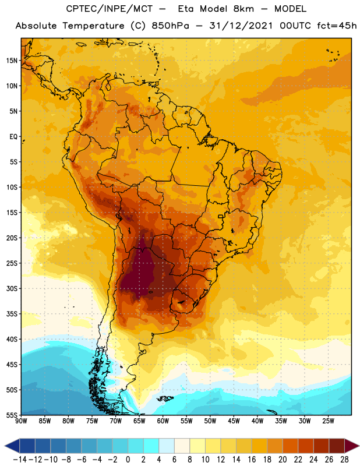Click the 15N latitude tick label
click(12, 61)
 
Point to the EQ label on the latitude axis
click(13, 137)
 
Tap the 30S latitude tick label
click(12, 288)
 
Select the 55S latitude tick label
click(12, 415)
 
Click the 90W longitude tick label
click(21, 421)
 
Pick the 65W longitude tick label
click(139, 421)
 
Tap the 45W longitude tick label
click(234, 421)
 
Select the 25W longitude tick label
click(328, 421)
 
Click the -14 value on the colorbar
click(20, 460)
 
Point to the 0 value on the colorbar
click(128, 460)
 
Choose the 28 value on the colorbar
click(344, 460)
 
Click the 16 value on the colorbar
click(252, 460)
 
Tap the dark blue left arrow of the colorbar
click(12, 446)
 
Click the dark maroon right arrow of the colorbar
click(352, 446)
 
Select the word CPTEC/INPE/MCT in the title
click(110, 9)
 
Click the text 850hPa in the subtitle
click(170, 26)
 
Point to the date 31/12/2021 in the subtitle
click(241, 26)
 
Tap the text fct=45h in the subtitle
click(337, 26)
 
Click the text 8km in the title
click(243, 9)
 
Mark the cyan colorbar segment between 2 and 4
click(151, 446)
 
